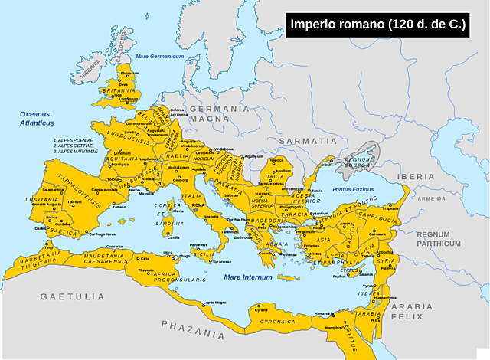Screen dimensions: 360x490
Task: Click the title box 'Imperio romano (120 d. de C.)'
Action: point(378,25)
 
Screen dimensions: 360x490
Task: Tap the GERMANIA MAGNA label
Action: point(220,113)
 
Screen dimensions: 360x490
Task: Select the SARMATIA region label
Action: point(307,141)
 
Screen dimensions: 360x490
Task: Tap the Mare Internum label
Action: point(243,277)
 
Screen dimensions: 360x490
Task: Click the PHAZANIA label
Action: point(193,329)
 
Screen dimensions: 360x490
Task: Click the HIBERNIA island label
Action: point(90,68)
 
